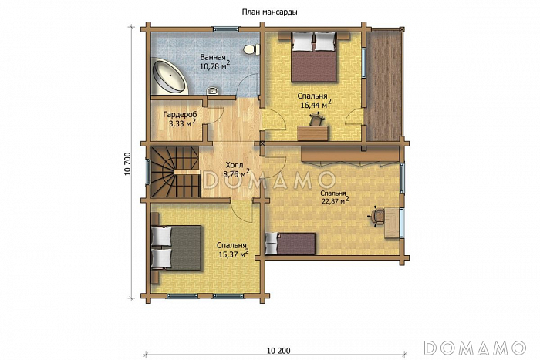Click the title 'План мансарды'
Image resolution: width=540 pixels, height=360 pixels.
click(x=270, y=12)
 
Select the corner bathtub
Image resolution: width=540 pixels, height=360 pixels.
click(x=170, y=77)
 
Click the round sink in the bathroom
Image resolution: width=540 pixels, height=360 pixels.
click(x=212, y=91)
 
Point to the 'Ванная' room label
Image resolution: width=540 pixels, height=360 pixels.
click(x=213, y=58)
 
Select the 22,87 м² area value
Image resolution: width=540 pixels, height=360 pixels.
click(x=336, y=201)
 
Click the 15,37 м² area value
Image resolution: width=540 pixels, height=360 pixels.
click(x=234, y=254)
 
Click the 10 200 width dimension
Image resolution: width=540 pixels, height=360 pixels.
click(x=278, y=351)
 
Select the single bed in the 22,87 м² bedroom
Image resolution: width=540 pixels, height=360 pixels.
click(x=290, y=244)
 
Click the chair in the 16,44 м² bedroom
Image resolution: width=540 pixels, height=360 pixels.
click(x=316, y=120)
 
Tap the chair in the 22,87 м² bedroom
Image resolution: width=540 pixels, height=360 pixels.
click(x=376, y=217)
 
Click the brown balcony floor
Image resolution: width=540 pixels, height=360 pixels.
click(x=383, y=86)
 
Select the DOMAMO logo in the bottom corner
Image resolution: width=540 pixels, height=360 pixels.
click(x=475, y=348)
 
